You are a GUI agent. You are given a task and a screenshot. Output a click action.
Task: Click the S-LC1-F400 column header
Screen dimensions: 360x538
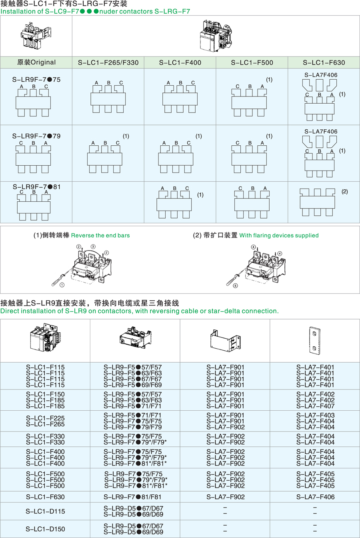coord(180,63)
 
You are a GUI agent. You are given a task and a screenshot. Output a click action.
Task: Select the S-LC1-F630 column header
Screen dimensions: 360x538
coord(324,63)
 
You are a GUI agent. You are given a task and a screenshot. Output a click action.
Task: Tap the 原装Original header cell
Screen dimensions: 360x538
coord(36,62)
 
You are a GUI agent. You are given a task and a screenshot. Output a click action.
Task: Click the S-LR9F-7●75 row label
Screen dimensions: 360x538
coord(36,80)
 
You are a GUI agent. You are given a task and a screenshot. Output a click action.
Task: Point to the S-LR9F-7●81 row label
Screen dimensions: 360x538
coord(36,187)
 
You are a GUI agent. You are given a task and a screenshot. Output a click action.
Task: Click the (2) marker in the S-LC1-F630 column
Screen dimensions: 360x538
coord(345,191)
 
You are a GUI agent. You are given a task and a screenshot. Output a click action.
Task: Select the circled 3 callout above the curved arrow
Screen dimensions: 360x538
coord(93,247)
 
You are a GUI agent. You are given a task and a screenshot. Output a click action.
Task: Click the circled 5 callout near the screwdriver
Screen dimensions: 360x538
coord(236,285)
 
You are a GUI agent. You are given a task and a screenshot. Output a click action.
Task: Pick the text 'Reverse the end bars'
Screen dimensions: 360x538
coord(100,235)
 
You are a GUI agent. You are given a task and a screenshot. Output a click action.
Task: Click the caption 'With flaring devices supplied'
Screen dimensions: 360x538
coord(279,235)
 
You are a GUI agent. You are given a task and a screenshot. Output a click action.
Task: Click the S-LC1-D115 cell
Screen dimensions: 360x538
coord(45,511)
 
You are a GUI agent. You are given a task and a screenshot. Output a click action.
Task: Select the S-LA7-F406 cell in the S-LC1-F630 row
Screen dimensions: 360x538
coord(315,497)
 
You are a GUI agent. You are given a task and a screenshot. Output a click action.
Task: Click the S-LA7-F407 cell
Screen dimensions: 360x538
coord(315,406)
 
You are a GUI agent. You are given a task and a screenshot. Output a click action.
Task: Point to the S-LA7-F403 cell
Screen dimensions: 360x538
coord(315,415)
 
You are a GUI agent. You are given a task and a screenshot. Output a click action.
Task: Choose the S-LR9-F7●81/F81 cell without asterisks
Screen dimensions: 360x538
coord(132,497)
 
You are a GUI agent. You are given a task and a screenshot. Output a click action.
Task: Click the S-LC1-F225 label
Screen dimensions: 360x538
coord(45,418)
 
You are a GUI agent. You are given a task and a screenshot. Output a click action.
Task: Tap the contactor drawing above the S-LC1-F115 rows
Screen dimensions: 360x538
coord(45,337)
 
